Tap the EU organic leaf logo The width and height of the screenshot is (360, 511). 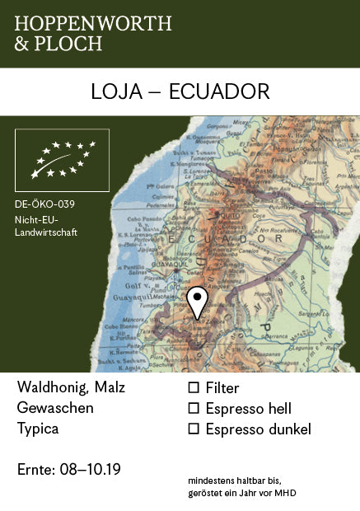click(x=62, y=159)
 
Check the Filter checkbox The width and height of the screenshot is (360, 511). click(x=194, y=387)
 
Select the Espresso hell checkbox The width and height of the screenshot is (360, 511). click(x=194, y=408)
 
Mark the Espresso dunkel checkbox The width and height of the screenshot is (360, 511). click(x=194, y=429)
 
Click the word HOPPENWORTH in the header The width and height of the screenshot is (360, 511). click(x=93, y=23)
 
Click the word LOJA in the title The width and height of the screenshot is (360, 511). click(x=114, y=91)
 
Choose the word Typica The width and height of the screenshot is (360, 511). click(x=38, y=429)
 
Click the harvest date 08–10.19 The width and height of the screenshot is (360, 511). click(x=91, y=470)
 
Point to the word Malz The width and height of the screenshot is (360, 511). click(x=110, y=387)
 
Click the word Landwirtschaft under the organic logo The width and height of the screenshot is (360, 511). click(x=46, y=232)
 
